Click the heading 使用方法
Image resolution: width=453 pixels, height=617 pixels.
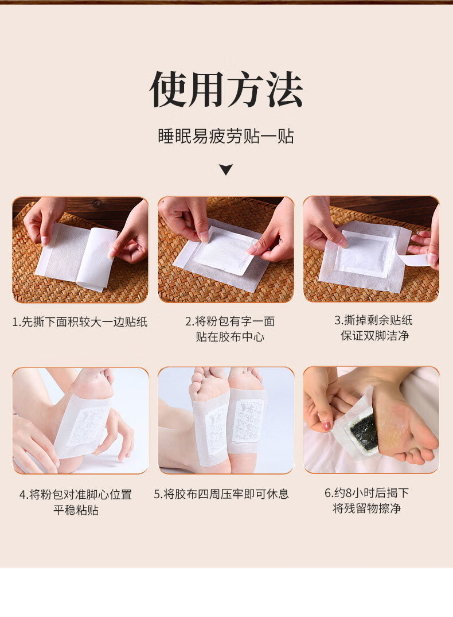coord(226,89)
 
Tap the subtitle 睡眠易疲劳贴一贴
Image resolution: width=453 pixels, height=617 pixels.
coord(226,136)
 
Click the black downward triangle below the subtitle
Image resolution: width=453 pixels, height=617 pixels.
coord(226,169)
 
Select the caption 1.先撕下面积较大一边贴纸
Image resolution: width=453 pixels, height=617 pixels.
coord(80,322)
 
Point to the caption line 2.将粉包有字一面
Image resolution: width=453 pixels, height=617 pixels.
coord(230,321)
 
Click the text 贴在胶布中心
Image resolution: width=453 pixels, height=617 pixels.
coord(230,336)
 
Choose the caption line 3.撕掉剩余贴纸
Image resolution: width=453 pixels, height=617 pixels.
coord(373,320)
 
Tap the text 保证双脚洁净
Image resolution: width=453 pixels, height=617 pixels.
coord(375,335)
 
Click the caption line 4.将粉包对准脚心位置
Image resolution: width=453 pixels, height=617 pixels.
coord(76,494)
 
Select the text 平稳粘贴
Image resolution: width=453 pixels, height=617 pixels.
coord(76,510)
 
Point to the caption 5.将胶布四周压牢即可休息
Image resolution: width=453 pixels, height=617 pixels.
coord(221,494)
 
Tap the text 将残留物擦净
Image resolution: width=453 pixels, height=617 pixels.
coord(367,509)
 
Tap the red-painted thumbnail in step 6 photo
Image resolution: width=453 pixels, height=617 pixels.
coord(326,426)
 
